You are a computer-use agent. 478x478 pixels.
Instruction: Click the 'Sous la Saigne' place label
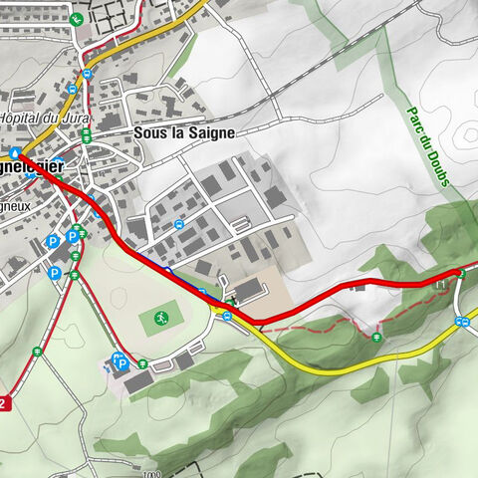[x=183, y=131]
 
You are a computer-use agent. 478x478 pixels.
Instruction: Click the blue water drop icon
[x=17, y=153]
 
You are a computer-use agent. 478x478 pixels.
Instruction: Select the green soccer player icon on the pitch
[x=159, y=319]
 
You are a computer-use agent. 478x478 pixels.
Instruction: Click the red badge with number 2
[x=5, y=403]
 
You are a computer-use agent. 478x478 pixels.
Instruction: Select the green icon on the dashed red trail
[x=376, y=338]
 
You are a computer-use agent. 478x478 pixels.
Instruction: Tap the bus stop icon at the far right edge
[x=461, y=321]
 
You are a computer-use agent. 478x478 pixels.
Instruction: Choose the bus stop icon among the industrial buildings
[x=178, y=224]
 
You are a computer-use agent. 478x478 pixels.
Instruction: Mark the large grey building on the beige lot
[x=249, y=289]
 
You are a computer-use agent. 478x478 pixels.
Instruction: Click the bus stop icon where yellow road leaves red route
[x=228, y=317]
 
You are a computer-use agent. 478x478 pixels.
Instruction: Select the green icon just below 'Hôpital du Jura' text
[x=87, y=131]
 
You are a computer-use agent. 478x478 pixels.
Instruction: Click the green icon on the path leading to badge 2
[x=37, y=351]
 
